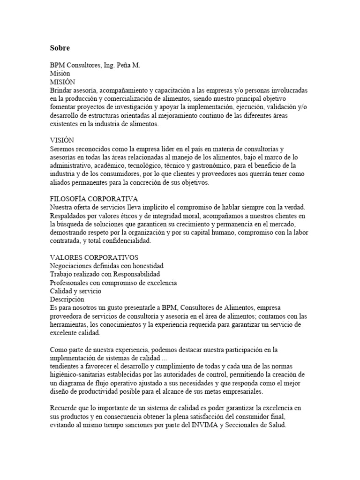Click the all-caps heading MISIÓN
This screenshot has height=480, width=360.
click(x=62, y=82)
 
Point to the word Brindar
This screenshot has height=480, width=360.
click(x=62, y=90)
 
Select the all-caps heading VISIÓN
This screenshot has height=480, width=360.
click(x=61, y=140)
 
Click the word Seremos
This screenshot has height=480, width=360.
click(x=64, y=149)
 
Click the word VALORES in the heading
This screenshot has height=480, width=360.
click(x=65, y=257)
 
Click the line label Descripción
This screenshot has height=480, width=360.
click(x=67, y=299)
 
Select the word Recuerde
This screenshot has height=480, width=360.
click(x=64, y=408)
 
